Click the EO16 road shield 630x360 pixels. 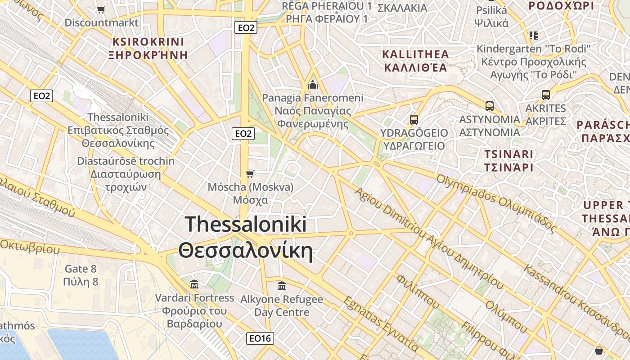click(x=260, y=338)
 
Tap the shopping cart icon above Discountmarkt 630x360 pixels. click(x=101, y=9)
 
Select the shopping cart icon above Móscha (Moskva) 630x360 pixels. click(x=250, y=174)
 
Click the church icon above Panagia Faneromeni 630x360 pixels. click(x=312, y=85)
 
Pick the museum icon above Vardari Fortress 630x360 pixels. click(x=194, y=284)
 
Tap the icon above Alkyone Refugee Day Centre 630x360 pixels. click(x=282, y=286)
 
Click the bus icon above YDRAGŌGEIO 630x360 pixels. click(x=414, y=120)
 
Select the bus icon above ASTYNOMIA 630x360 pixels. click(x=490, y=106)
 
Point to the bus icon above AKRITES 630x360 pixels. click(x=546, y=95)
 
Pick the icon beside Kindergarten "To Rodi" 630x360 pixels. click(x=534, y=35)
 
